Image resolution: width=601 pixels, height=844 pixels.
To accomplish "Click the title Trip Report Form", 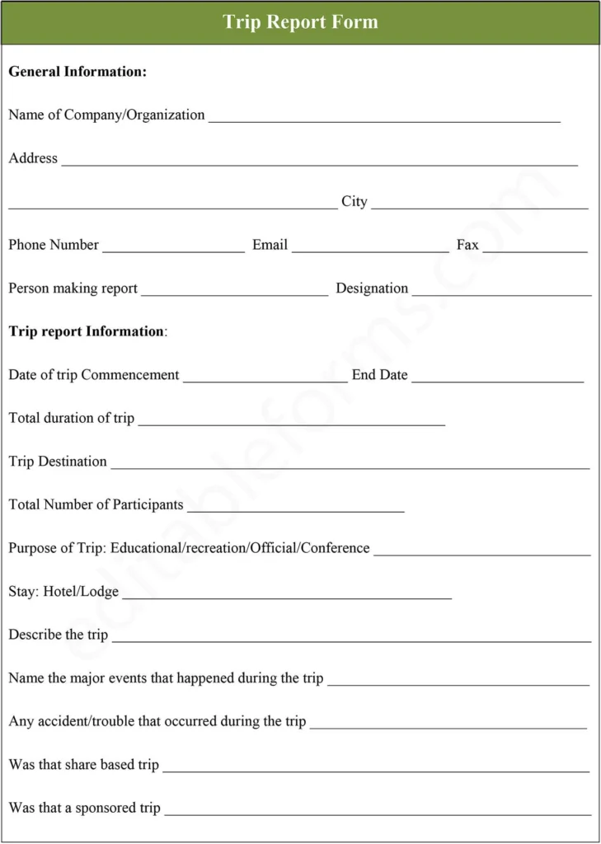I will click(x=300, y=22).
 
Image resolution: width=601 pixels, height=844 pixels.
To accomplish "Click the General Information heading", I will click(x=77, y=72).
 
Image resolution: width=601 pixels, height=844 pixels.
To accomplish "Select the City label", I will click(x=354, y=202).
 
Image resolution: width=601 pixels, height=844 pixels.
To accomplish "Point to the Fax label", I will click(x=467, y=245).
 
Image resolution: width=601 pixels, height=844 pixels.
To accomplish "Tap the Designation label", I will click(x=372, y=288).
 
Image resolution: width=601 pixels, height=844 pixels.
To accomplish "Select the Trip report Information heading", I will click(x=87, y=331).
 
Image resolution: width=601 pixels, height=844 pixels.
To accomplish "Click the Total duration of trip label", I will click(x=71, y=418).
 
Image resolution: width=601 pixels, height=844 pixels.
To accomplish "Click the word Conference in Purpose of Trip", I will click(x=335, y=548).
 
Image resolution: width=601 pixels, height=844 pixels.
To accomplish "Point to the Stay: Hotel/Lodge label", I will click(x=63, y=592).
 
